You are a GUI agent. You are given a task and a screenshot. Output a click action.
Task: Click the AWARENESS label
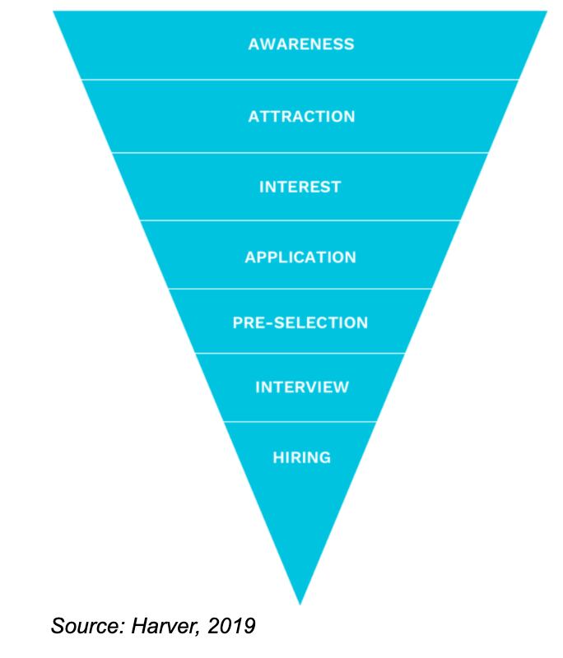[301, 44]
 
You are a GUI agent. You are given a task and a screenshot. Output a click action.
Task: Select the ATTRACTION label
[301, 116]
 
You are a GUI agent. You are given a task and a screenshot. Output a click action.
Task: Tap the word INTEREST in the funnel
[300, 187]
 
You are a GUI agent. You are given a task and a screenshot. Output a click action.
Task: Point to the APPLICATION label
[300, 257]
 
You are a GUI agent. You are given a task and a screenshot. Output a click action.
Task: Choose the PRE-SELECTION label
[300, 322]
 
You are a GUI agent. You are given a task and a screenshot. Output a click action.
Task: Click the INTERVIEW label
[301, 387]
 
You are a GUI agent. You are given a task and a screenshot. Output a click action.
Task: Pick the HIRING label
[301, 456]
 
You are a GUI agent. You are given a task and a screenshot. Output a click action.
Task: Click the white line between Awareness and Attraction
[301, 80]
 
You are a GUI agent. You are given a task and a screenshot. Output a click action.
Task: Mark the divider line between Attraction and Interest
[301, 152]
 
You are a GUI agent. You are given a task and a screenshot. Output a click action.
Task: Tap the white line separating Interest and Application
[301, 220]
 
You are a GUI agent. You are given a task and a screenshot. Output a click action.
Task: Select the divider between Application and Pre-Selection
[301, 289]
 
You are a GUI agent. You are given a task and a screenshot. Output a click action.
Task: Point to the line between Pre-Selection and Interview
[301, 354]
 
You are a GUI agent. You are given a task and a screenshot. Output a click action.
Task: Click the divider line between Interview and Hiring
[301, 422]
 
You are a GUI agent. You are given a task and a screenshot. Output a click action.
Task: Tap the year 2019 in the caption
[233, 627]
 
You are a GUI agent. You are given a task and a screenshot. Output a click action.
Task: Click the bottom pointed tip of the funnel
[300, 603]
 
